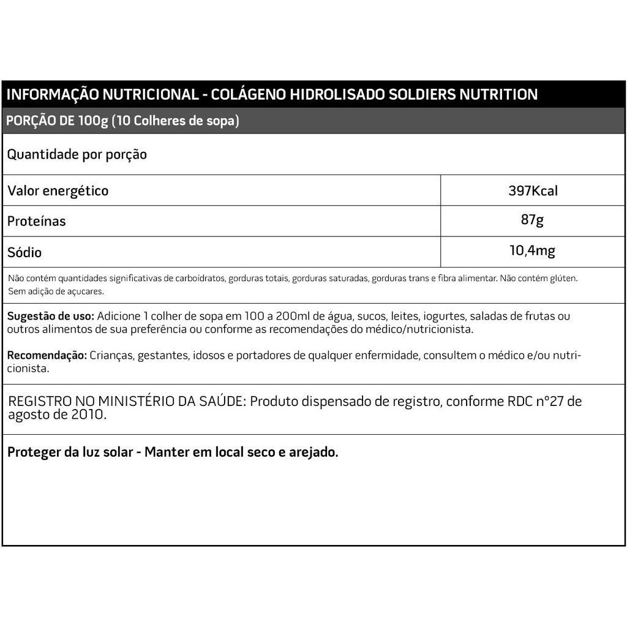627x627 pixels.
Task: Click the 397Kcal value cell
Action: coord(533,190)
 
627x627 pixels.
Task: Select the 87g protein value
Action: coord(532,220)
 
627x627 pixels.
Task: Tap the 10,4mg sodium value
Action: coord(532,250)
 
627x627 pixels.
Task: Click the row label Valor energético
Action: coord(58,190)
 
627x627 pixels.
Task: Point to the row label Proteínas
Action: coord(36,221)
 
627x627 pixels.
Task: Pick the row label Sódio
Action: coord(24,252)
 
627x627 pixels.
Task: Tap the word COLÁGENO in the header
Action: coord(247,94)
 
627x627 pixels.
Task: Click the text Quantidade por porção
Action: coord(77,154)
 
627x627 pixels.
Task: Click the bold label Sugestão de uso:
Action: coord(51,316)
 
